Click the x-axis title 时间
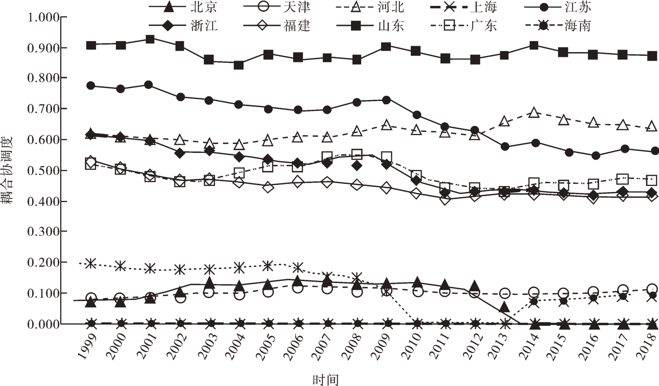(x=326, y=379)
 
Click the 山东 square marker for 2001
(x=150, y=39)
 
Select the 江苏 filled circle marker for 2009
(x=386, y=100)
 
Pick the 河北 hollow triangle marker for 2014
(x=534, y=113)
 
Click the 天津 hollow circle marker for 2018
(x=652, y=289)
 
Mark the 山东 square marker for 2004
(x=238, y=65)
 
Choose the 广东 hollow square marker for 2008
(x=357, y=154)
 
